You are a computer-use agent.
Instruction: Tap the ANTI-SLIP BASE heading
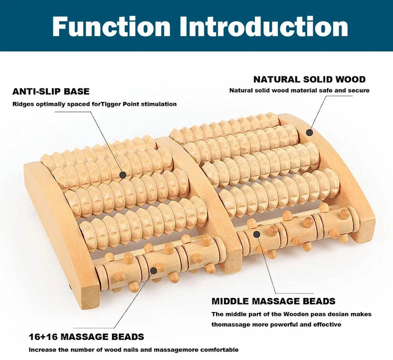[51, 92]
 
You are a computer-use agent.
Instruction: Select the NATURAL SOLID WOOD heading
[309, 80]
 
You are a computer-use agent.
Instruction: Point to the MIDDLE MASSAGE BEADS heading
[273, 301]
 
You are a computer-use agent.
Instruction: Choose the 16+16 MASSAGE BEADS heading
[87, 337]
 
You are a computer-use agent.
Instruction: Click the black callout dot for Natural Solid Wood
[309, 132]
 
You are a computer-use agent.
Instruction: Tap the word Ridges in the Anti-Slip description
[23, 104]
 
